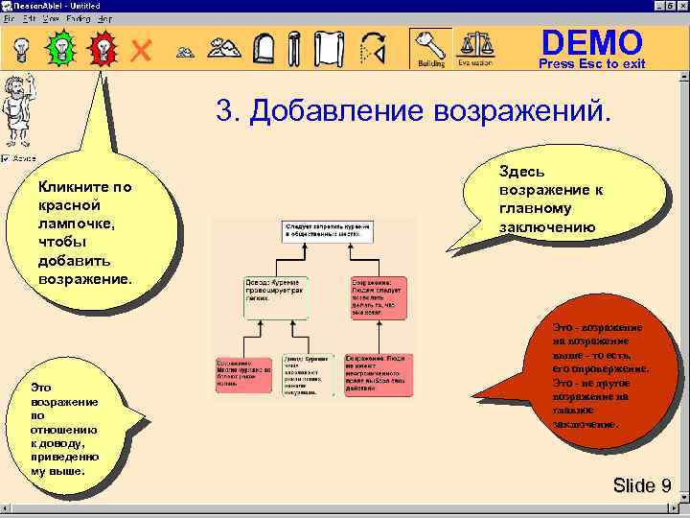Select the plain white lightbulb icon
tap(19, 46)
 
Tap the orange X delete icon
tap(142, 49)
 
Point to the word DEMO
tap(591, 42)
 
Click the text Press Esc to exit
tap(591, 64)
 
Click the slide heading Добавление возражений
tap(412, 110)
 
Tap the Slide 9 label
tap(641, 485)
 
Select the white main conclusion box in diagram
tap(327, 230)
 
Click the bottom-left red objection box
tap(244, 374)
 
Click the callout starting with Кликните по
tap(91, 235)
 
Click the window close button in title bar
tap(680, 6)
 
